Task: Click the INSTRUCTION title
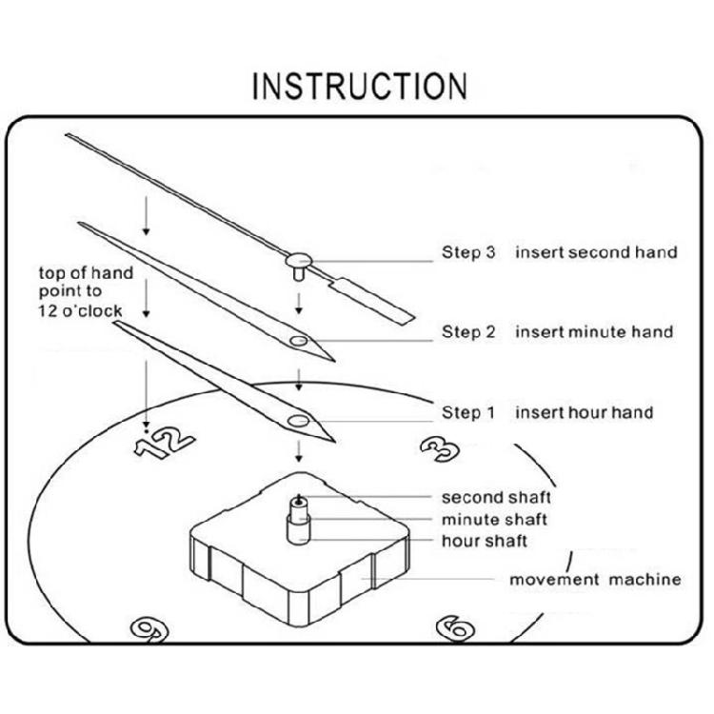coord(360,86)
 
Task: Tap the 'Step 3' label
coord(468,252)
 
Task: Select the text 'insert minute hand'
coord(594,331)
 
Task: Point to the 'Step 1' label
coord(468,412)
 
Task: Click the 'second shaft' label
coord(496,497)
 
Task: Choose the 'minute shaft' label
coord(494,520)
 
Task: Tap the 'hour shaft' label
coord(485,541)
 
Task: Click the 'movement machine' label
coord(596,580)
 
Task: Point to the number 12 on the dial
coord(165,442)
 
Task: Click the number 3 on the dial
coord(440,448)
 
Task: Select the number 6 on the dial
coord(455,628)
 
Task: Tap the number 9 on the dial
coord(149,629)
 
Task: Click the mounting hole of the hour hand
coord(298,421)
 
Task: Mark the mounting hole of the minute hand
coord(299,341)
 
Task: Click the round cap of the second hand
coord(299,261)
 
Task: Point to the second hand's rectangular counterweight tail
coord(371,302)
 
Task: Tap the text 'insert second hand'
coord(597,252)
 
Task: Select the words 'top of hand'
coord(86,273)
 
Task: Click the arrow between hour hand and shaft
coord(299,451)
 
